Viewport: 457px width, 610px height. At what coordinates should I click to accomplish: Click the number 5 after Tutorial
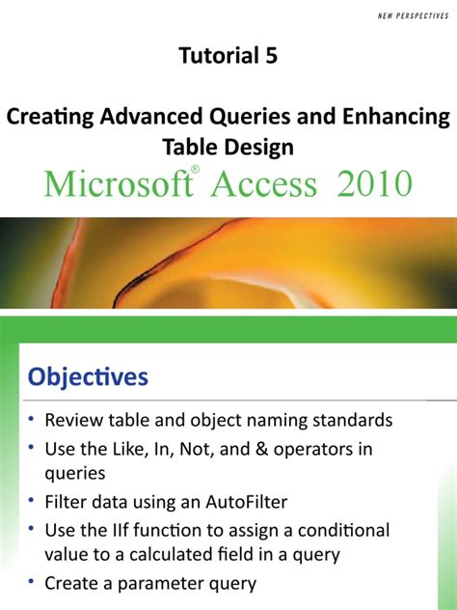click(x=271, y=56)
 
